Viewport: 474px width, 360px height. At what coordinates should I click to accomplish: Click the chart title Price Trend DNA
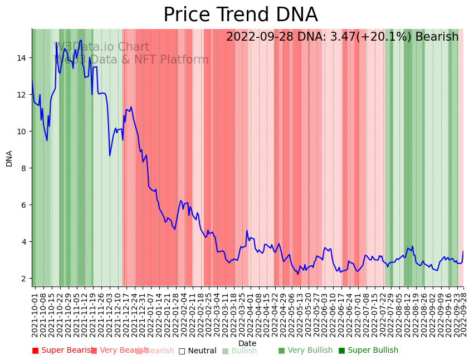click(x=240, y=15)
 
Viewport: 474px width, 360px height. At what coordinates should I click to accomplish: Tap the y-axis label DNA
click(x=9, y=158)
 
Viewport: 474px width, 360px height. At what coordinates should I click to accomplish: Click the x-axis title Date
click(x=247, y=343)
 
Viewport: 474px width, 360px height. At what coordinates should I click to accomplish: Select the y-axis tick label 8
click(x=23, y=168)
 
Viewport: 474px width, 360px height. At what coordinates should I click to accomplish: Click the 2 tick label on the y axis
click(x=23, y=279)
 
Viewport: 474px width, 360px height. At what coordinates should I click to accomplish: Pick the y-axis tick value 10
click(x=21, y=132)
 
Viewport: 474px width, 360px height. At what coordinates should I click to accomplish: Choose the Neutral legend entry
click(x=197, y=351)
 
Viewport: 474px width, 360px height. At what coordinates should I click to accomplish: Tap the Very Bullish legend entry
click(x=305, y=351)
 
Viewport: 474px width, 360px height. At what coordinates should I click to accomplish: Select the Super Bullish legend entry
click(x=368, y=351)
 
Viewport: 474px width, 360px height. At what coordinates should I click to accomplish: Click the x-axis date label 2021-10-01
click(x=35, y=312)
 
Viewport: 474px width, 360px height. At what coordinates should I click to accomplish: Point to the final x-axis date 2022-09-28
click(x=463, y=312)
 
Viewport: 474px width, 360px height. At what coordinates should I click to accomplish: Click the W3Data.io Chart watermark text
click(x=101, y=47)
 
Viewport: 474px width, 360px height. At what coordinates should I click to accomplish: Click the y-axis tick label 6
click(x=23, y=205)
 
